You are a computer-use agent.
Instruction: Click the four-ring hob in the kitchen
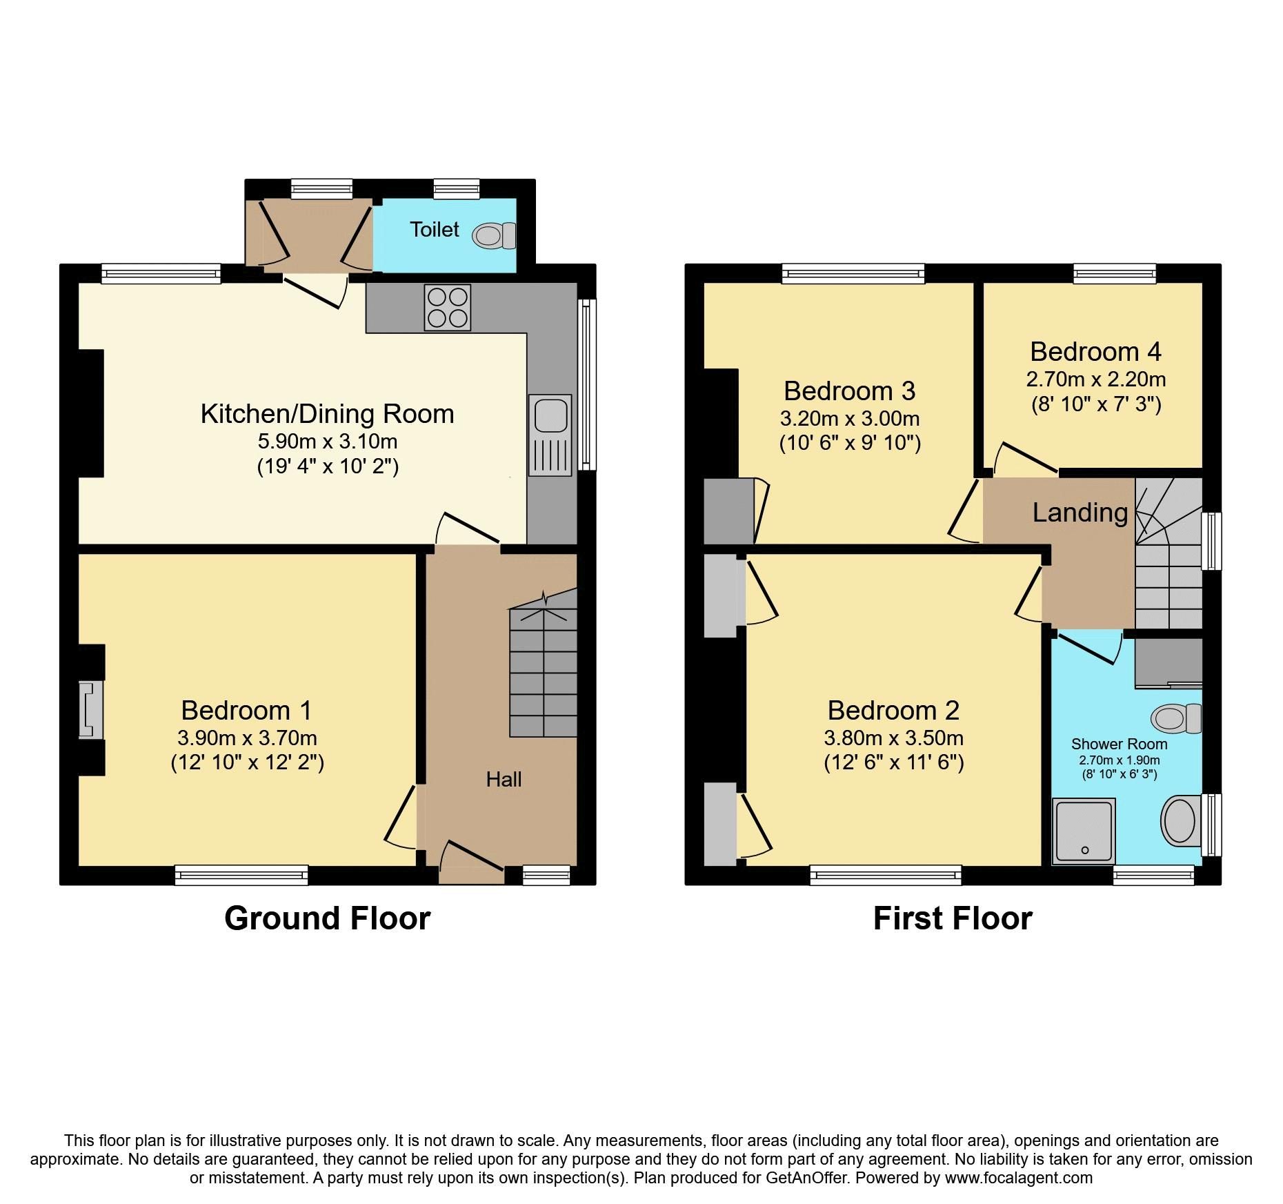(x=448, y=307)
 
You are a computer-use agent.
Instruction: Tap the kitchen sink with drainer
(x=550, y=435)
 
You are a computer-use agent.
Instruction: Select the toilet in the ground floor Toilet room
(x=495, y=236)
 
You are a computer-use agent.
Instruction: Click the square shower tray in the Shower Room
(x=1084, y=831)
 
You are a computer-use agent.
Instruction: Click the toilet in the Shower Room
(x=1177, y=719)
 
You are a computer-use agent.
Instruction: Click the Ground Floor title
(x=327, y=919)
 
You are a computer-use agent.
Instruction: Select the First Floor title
(x=952, y=919)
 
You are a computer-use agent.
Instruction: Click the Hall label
(x=504, y=780)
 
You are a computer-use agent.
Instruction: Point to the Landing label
(x=1080, y=513)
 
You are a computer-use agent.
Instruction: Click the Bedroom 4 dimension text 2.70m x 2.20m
(x=1095, y=379)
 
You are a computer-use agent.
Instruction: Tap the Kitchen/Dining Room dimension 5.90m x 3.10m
(x=328, y=441)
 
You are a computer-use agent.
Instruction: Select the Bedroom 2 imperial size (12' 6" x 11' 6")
(x=893, y=762)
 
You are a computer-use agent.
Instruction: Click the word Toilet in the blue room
(x=434, y=230)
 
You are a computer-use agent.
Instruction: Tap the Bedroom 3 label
(x=849, y=391)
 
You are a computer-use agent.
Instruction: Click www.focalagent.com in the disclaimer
(x=1018, y=1178)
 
